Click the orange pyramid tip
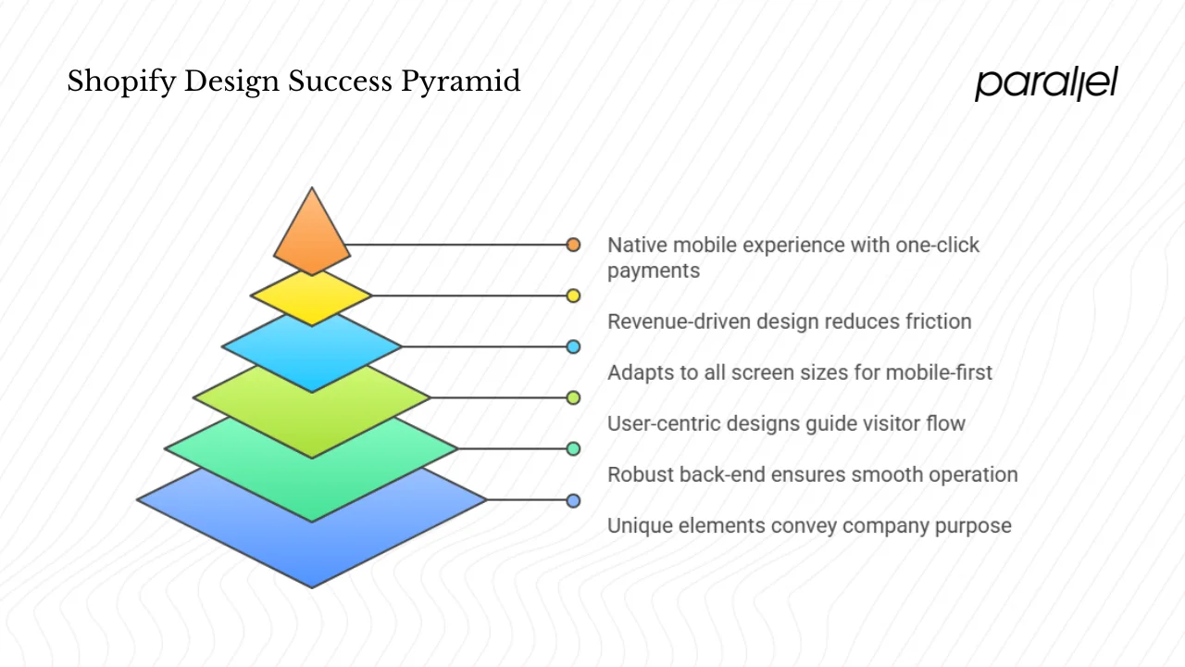pyautogui.click(x=312, y=237)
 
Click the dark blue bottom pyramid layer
pyautogui.click(x=312, y=537)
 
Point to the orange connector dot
pyautogui.click(x=573, y=245)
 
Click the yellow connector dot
pyautogui.click(x=573, y=296)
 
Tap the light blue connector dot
pyautogui.click(x=573, y=346)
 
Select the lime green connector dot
pyautogui.click(x=573, y=397)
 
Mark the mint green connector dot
pyautogui.click(x=573, y=448)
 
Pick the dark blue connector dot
pyautogui.click(x=573, y=500)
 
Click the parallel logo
pyautogui.click(x=1046, y=83)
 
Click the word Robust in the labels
pyautogui.click(x=640, y=474)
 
